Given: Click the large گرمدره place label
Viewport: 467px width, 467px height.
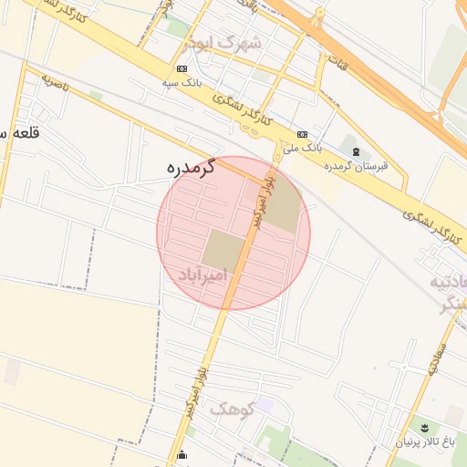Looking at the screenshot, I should pos(191,168).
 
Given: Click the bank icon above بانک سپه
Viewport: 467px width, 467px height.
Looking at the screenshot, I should pos(182,68).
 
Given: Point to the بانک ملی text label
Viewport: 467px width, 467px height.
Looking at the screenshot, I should pos(303,146).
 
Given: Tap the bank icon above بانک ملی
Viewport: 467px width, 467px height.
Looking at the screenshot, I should pos(302,133).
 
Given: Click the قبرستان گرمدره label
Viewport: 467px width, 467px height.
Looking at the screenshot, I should pos(357,165).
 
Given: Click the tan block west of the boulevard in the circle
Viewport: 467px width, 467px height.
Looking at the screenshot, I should pos(223,249).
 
